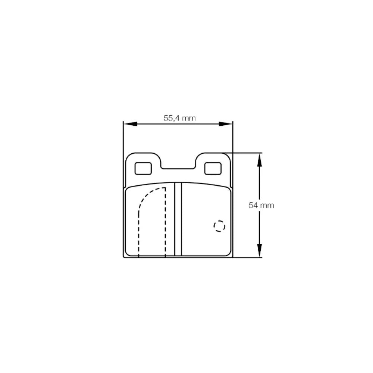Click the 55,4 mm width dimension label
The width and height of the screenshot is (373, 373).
pyautogui.click(x=179, y=118)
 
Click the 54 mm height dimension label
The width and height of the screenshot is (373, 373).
pyautogui.click(x=261, y=205)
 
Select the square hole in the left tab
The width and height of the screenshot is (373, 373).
pyautogui.click(x=143, y=169)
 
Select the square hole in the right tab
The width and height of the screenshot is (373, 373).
pyautogui.click(x=213, y=169)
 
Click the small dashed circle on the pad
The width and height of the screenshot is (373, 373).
pyautogui.click(x=219, y=226)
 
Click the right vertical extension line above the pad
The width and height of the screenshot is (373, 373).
pyautogui.click(x=232, y=138)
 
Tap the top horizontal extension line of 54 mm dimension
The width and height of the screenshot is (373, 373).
pyautogui.click(x=246, y=153)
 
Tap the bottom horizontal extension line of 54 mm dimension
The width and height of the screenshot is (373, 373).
pyautogui.click(x=246, y=257)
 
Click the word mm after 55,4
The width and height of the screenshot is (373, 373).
pyautogui.click(x=189, y=118)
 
